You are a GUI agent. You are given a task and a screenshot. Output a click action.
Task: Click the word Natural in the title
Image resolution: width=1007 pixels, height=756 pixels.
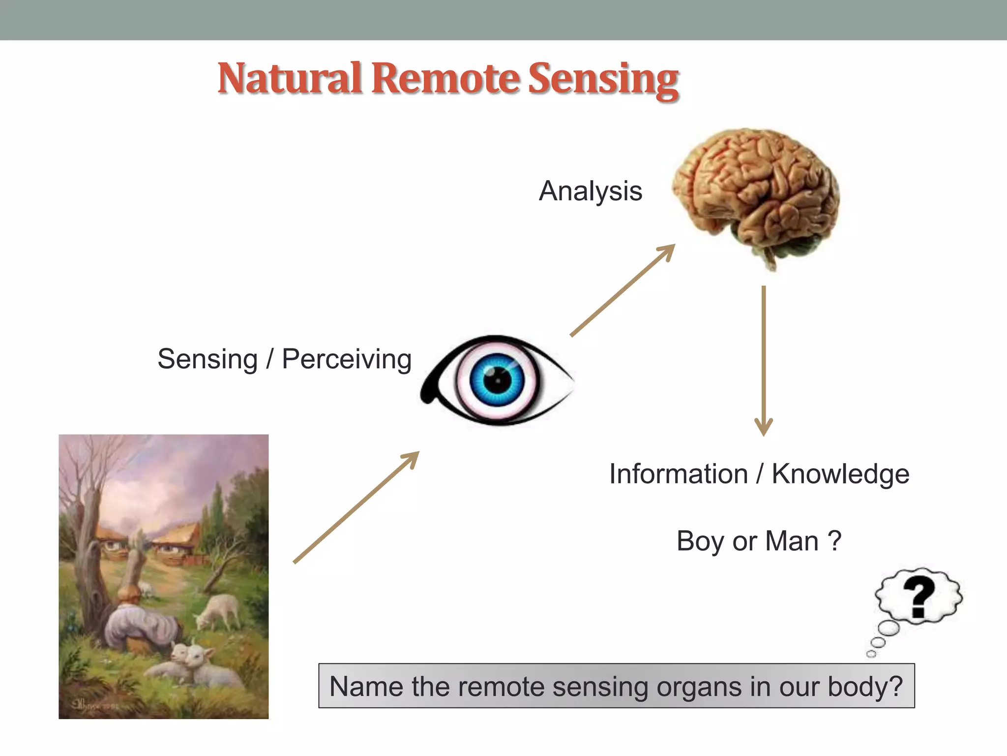point(290,79)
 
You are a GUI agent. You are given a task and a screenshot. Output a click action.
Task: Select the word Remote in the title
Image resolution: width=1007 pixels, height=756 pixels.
point(445,79)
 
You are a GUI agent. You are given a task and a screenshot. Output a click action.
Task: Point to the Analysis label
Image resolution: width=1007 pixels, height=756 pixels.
point(591,191)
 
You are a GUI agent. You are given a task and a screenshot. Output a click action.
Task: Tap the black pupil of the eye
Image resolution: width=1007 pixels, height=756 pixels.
point(497,380)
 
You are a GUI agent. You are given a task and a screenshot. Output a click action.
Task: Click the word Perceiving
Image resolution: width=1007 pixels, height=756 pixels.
point(347,359)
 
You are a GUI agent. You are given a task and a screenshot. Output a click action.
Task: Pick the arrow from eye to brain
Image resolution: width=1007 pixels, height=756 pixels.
point(622,290)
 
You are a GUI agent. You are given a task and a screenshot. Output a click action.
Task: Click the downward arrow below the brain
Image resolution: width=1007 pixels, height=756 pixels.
point(764,359)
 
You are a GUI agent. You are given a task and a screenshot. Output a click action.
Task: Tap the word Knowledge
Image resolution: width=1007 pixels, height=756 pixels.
point(840,474)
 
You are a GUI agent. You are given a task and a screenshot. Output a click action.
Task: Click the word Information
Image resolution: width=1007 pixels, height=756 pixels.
point(679,474)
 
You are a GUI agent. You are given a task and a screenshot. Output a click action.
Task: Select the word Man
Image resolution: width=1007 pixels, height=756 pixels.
point(792,541)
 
